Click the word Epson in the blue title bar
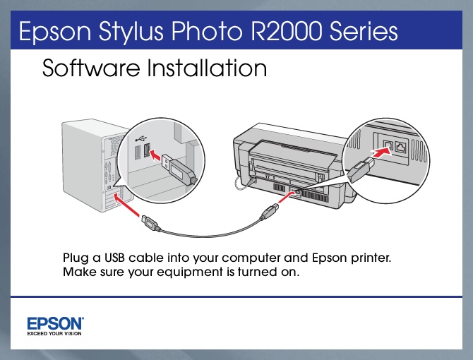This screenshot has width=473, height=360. (54, 32)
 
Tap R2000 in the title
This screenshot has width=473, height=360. (286, 31)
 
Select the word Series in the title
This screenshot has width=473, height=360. (364, 31)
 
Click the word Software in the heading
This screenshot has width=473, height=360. (91, 68)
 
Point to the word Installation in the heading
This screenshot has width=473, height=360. (207, 68)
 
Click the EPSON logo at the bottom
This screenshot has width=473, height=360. (56, 323)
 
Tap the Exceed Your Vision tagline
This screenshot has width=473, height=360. (54, 333)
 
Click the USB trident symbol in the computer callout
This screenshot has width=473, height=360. (141, 138)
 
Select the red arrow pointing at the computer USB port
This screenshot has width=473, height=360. (155, 155)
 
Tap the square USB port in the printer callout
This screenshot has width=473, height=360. (388, 146)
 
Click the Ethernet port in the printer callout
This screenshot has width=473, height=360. (401, 147)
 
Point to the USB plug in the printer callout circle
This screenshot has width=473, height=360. (361, 169)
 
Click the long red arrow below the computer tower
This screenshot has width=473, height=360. (126, 205)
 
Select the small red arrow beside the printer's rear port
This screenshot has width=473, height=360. (285, 197)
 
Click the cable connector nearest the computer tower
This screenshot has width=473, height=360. (150, 224)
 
